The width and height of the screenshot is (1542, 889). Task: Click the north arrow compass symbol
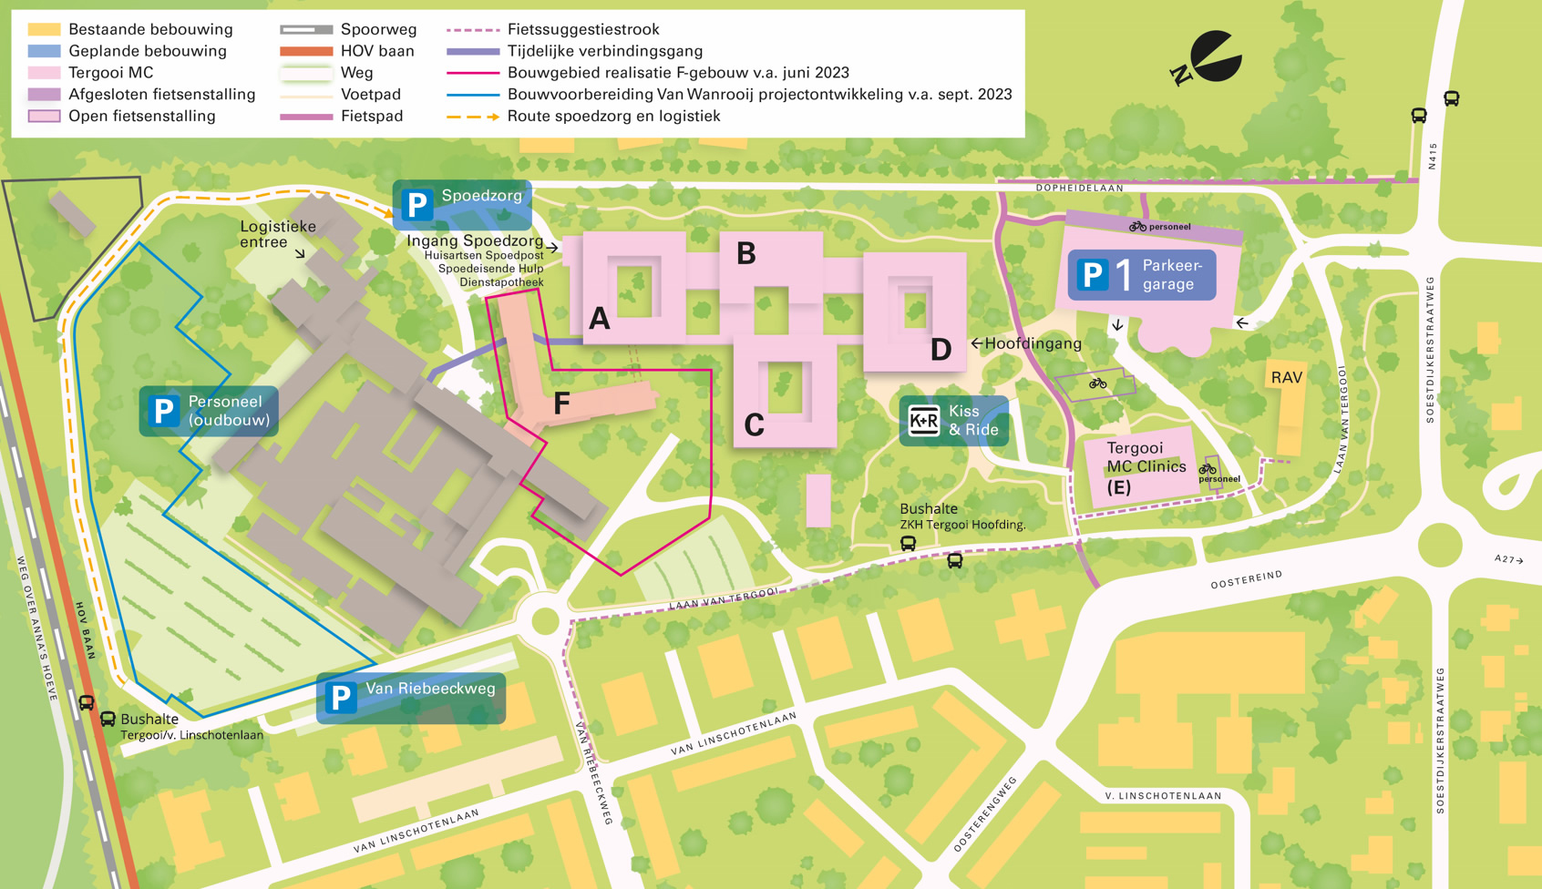tap(1210, 58)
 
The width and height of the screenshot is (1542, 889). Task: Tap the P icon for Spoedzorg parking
tap(417, 205)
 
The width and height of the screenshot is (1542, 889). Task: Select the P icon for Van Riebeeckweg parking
tap(341, 699)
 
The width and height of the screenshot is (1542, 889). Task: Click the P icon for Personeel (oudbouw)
tap(164, 411)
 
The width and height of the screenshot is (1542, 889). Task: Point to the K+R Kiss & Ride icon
tap(923, 421)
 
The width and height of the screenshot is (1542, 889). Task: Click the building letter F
tap(561, 404)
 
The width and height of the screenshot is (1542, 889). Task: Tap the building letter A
tap(599, 319)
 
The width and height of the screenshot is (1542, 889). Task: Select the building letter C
tap(754, 425)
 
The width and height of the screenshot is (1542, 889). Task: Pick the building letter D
tap(941, 350)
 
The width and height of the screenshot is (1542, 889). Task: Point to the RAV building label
tap(1286, 377)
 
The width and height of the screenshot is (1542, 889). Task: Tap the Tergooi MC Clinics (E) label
tap(1145, 467)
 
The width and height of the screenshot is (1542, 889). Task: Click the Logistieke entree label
tap(277, 234)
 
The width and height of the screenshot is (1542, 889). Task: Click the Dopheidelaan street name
tap(1079, 188)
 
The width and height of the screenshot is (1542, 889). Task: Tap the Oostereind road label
tap(1246, 580)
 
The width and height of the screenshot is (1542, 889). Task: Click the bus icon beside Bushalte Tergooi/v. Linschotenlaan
tap(108, 720)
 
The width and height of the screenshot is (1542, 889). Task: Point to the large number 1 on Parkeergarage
tap(1124, 274)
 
